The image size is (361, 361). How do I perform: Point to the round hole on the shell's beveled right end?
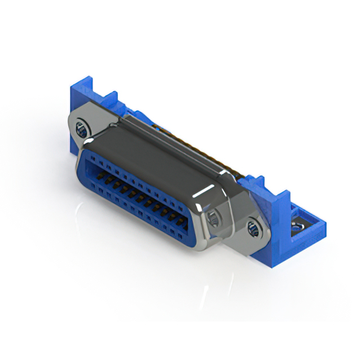coord(214,219)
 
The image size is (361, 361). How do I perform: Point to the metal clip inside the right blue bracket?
coord(296,228)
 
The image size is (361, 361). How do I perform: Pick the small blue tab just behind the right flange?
coord(257,184)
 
